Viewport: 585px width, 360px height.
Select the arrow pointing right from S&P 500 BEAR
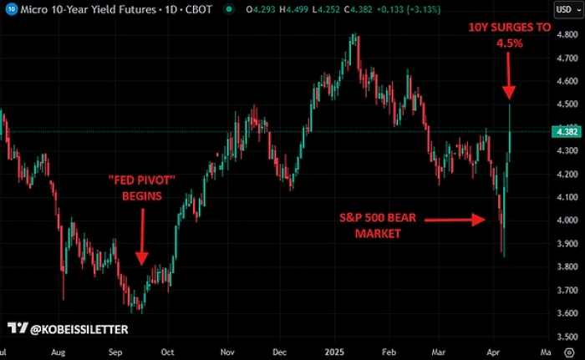pyautogui.click(x=455, y=220)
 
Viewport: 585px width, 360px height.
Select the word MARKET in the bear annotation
pyautogui.click(x=376, y=233)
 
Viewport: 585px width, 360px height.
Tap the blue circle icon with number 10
pyautogui.click(x=9, y=9)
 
